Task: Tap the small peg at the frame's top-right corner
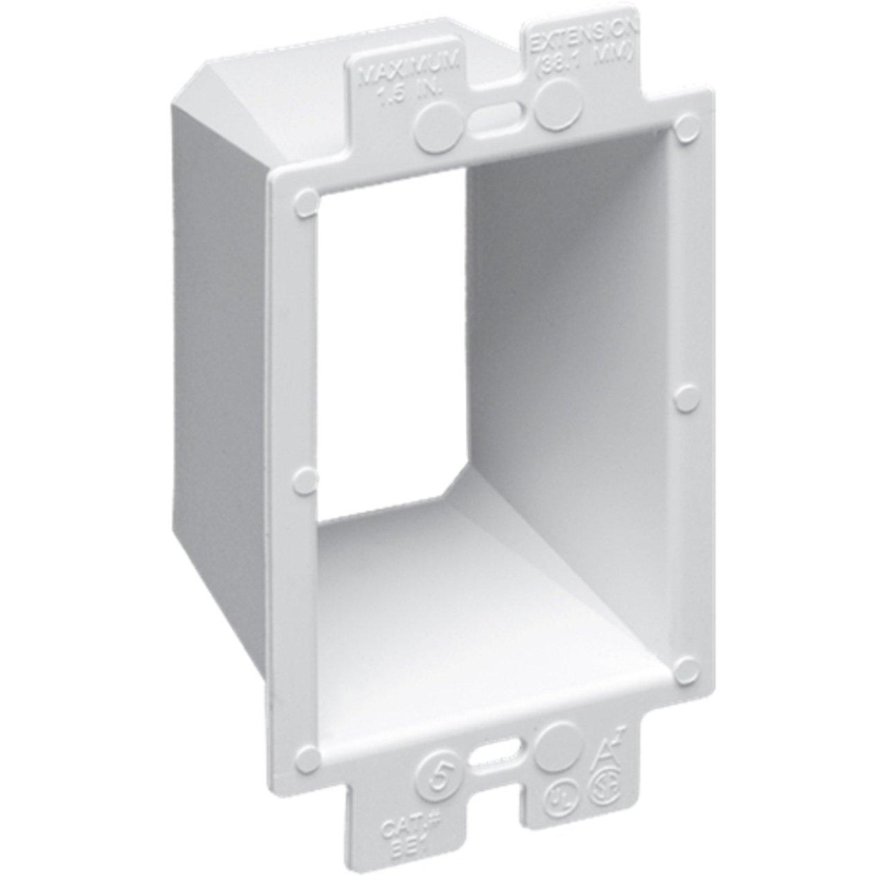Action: tap(685, 125)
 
